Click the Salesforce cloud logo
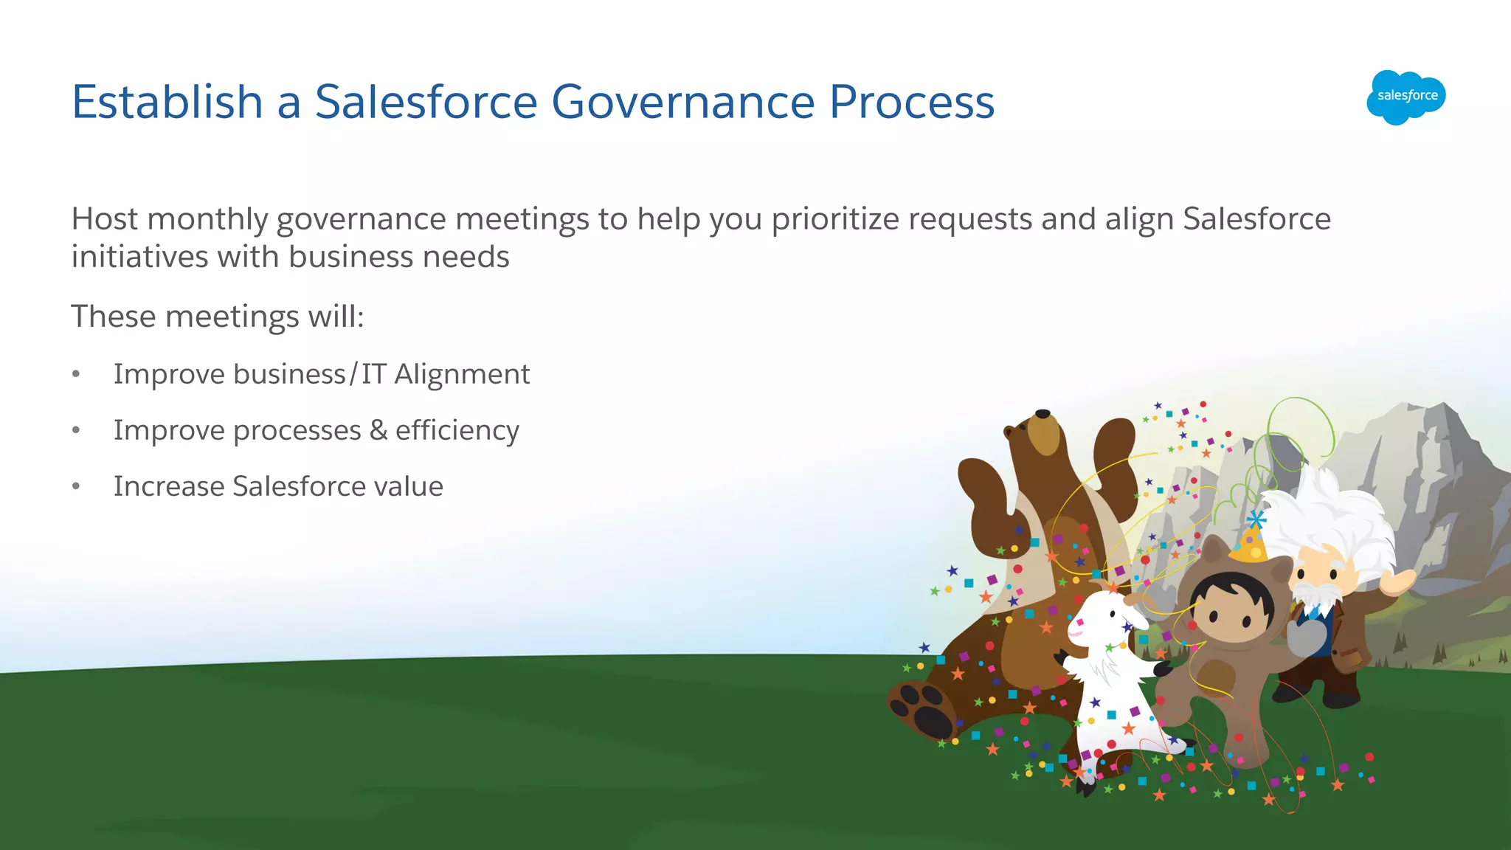click(x=1406, y=97)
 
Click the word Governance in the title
click(x=682, y=102)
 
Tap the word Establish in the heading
click(x=167, y=102)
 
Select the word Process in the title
click(x=911, y=102)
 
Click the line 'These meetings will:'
click(x=218, y=317)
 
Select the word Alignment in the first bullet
click(x=462, y=374)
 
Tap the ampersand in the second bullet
click(x=378, y=430)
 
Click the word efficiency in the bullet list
click(x=457, y=430)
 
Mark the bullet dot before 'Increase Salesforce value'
click(x=76, y=486)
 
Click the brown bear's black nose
click(x=1043, y=414)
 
